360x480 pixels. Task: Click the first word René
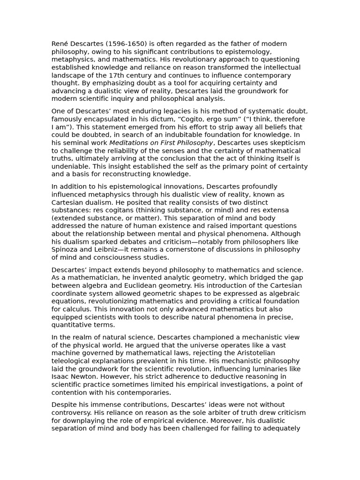(60, 44)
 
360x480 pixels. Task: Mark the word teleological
(73, 361)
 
